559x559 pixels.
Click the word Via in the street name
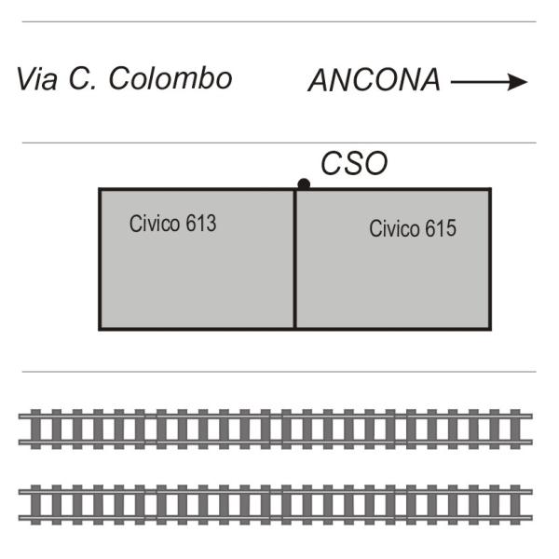(37, 78)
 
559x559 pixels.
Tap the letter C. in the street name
(82, 78)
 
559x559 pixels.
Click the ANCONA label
(375, 80)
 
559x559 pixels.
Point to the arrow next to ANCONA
(489, 82)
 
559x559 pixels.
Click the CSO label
(354, 163)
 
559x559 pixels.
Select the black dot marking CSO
(304, 184)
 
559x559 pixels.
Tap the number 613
(201, 224)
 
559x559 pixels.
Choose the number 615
(441, 228)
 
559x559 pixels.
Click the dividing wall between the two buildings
(295, 259)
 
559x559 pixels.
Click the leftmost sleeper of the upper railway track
(35, 429)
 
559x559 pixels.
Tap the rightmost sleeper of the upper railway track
(515, 429)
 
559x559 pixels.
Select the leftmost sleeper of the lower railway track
(35, 504)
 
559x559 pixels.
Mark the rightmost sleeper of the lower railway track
(515, 504)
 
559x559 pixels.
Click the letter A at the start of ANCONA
(320, 80)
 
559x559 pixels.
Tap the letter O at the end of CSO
(375, 163)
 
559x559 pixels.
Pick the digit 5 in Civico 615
(451, 228)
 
